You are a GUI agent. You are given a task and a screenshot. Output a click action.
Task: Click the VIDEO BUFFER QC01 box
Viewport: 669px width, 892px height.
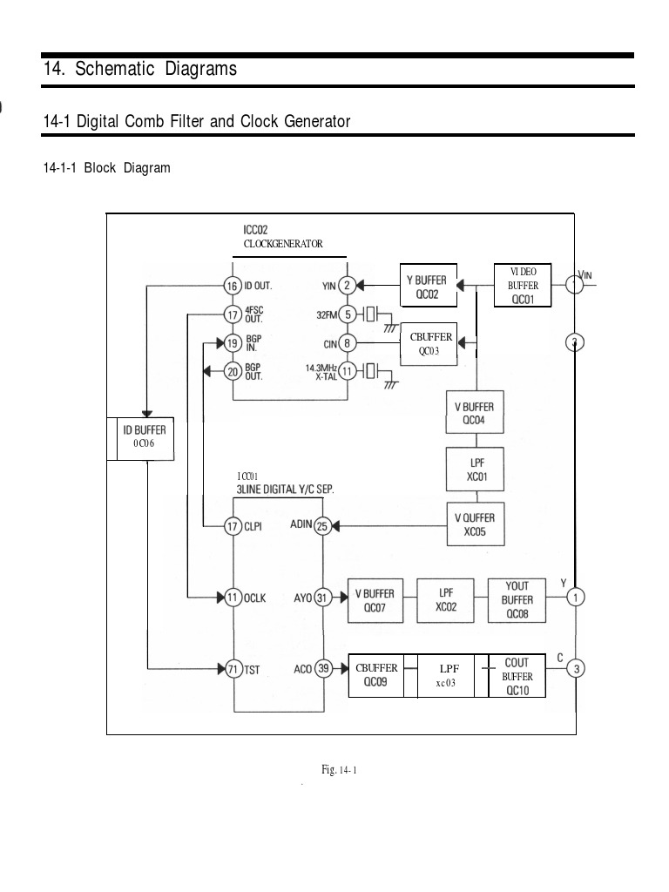pos(524,285)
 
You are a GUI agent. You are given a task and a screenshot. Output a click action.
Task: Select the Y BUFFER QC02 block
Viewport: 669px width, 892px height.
pos(427,287)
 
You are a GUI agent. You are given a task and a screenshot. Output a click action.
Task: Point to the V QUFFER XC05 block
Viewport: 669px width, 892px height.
pos(475,524)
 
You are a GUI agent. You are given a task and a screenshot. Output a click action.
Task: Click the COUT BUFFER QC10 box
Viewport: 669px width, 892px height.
pos(517,677)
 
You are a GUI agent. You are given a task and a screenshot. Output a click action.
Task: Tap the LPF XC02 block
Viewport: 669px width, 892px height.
pos(446,599)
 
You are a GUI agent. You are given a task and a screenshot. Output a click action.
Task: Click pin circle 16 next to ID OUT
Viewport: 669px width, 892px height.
pos(232,286)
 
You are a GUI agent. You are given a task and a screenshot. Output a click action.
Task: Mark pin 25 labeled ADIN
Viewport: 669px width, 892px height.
pos(322,525)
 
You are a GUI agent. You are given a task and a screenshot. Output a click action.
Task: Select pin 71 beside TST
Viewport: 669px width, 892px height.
pos(232,669)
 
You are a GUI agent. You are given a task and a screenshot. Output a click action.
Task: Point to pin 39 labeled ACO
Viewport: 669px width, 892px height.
pos(323,669)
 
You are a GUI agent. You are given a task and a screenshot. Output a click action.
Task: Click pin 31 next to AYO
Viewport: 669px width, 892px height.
pos(323,598)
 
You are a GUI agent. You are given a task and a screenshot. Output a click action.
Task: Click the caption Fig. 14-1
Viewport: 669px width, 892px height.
pos(340,769)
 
